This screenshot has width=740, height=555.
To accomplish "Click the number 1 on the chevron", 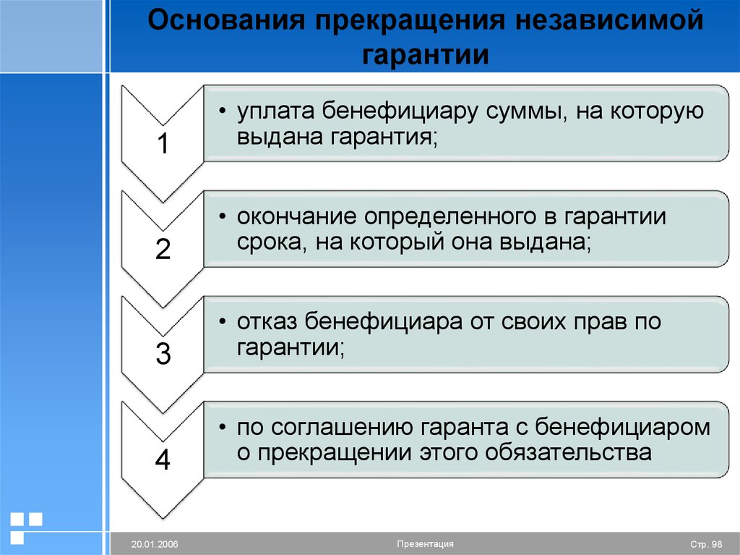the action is (x=163, y=143).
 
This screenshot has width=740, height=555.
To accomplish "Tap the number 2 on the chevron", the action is (x=163, y=249).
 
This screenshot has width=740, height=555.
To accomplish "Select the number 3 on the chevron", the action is (x=163, y=354).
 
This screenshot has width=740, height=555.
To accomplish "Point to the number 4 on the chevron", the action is (x=163, y=459).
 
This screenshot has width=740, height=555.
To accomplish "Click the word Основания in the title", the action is (x=226, y=20).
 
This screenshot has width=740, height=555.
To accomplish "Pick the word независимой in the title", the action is (x=609, y=20).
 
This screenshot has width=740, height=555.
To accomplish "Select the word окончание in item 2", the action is (x=297, y=217).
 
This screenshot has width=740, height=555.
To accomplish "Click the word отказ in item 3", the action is (x=267, y=323).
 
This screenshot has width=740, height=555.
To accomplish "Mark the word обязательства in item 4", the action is (x=568, y=452).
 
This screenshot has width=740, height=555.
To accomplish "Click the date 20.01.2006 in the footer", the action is (x=155, y=544).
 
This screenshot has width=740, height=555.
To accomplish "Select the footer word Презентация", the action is (x=425, y=543).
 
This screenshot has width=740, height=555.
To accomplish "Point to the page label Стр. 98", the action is (x=706, y=545).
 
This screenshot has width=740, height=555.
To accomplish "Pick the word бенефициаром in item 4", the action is (x=622, y=428).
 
